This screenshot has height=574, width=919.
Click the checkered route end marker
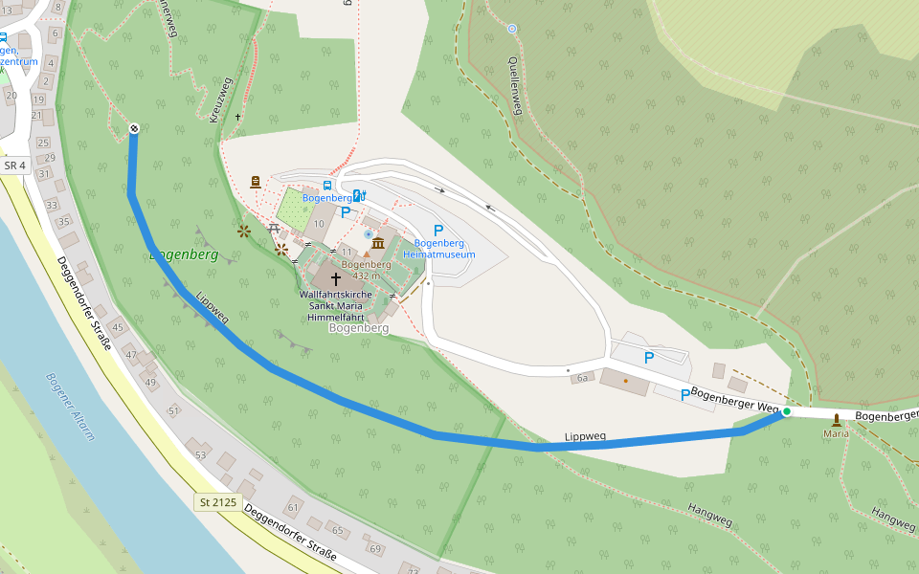coord(133,128)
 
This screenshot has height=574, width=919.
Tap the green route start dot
coord(786,411)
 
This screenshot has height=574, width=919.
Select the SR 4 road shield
coord(12,166)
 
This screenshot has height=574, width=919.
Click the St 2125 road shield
coord(217,502)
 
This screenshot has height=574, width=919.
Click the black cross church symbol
coord(335,277)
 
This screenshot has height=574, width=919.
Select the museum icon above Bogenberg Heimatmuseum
coord(378,243)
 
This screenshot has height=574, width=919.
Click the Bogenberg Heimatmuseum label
coord(438,250)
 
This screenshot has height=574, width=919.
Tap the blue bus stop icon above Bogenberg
coord(327,185)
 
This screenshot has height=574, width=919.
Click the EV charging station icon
coord(359,195)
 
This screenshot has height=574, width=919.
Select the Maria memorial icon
coord(836,419)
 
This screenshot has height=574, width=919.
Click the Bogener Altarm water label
coord(70,406)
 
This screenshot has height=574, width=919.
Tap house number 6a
coord(581,379)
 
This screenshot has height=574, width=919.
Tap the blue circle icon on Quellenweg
coord(512,29)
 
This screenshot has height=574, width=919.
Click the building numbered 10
coord(316,223)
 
